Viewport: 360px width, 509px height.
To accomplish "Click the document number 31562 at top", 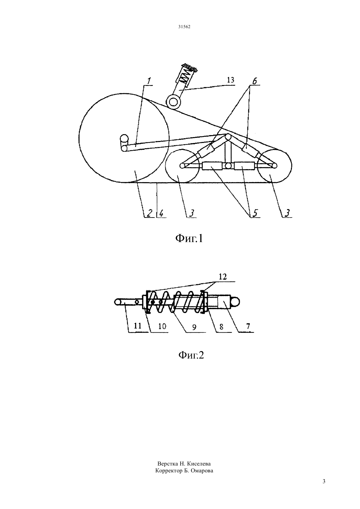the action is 184,27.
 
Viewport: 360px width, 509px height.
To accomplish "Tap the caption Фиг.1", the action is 189,238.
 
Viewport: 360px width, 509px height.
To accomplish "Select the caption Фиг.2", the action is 191,355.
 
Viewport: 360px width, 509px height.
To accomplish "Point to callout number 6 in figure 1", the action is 255,81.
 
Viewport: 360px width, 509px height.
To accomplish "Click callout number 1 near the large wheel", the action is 149,81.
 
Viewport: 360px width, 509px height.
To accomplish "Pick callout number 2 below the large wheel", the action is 149,213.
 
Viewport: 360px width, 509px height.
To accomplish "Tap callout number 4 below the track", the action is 161,213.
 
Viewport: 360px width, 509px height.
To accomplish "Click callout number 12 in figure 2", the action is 223,276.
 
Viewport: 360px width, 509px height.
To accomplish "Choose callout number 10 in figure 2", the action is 162,326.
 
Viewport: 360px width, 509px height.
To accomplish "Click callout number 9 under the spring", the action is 194,327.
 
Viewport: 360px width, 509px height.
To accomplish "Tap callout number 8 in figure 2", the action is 221,327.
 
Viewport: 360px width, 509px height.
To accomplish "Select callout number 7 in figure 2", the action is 248,326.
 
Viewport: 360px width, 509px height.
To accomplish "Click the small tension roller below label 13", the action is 173,102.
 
